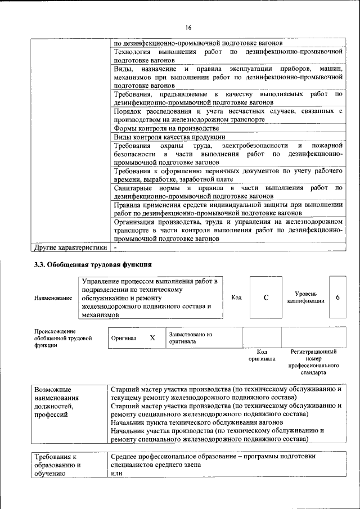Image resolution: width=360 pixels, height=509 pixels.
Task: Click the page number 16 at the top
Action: point(188,28)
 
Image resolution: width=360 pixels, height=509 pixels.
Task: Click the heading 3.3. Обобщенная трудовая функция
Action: point(93,264)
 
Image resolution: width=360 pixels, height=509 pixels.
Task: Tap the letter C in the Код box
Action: point(265,298)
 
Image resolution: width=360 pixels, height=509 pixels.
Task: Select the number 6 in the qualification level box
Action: point(337,297)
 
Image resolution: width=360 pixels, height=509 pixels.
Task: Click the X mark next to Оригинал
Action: point(152,338)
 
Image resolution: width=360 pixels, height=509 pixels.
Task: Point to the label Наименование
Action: point(53,298)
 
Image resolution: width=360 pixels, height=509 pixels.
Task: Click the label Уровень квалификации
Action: point(305,298)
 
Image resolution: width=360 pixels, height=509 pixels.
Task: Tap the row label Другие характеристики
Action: point(70,247)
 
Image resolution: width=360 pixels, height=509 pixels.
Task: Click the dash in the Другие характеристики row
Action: point(115,247)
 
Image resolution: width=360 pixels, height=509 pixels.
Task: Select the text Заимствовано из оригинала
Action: point(190,337)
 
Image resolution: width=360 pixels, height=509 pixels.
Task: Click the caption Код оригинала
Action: point(262,355)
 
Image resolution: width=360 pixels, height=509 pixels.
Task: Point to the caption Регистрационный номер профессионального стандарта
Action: point(313,362)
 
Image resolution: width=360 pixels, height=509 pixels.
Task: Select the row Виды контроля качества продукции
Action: point(169,137)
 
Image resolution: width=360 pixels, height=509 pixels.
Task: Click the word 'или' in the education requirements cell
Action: point(116,474)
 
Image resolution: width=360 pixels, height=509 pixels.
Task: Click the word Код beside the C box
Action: point(236,298)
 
